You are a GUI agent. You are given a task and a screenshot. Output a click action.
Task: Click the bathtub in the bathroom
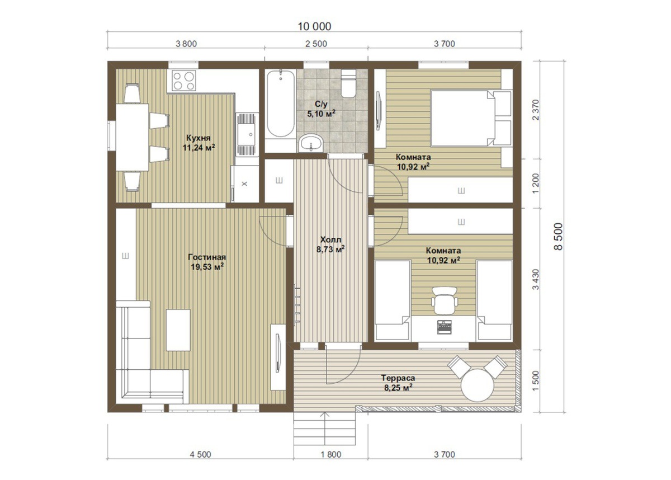280,103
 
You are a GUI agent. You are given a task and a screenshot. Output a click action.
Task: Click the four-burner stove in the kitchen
183,81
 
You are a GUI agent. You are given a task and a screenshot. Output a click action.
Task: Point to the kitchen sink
247,134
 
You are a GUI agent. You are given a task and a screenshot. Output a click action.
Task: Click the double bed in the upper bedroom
471,118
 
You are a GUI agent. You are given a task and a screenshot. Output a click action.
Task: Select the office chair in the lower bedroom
445,300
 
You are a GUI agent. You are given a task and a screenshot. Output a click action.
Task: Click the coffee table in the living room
178,330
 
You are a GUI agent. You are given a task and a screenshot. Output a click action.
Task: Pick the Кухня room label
199,138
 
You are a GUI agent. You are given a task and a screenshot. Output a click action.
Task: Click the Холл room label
330,239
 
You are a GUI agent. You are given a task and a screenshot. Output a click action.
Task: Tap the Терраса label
398,378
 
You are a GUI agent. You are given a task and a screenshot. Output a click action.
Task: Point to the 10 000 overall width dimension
314,27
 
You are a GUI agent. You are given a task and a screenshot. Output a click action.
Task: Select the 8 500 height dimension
559,237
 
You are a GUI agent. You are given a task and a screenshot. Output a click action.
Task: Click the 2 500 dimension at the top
316,44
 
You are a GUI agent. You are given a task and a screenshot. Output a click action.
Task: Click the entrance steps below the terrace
325,429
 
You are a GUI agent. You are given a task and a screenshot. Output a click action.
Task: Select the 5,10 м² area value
321,114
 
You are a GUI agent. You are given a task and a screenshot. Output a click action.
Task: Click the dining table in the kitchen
133,137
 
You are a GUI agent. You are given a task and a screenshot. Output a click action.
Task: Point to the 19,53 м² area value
207,267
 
